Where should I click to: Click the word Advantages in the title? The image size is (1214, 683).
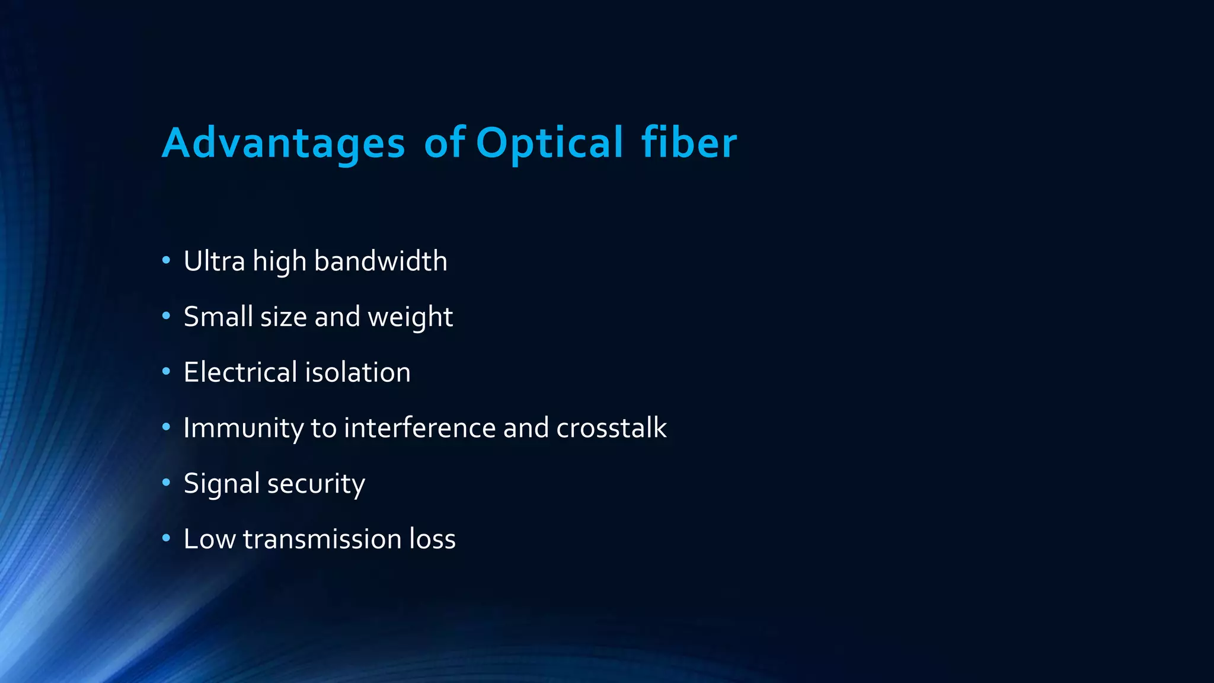(x=283, y=143)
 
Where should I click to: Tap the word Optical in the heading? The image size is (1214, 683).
(x=549, y=143)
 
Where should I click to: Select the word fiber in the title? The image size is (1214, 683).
(x=689, y=143)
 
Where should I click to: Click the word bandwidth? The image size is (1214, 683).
(x=381, y=261)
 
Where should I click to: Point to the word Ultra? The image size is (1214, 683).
(x=214, y=261)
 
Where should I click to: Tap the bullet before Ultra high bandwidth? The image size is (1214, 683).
(x=166, y=260)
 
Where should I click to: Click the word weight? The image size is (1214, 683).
(x=410, y=317)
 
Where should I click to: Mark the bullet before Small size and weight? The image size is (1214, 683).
(x=166, y=316)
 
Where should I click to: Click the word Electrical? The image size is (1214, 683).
(x=240, y=372)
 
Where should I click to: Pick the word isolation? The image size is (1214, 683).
(x=357, y=372)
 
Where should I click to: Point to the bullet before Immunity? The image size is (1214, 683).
(x=166, y=427)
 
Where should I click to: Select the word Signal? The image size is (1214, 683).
(x=222, y=484)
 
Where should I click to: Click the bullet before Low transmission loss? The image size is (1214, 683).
(x=166, y=538)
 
